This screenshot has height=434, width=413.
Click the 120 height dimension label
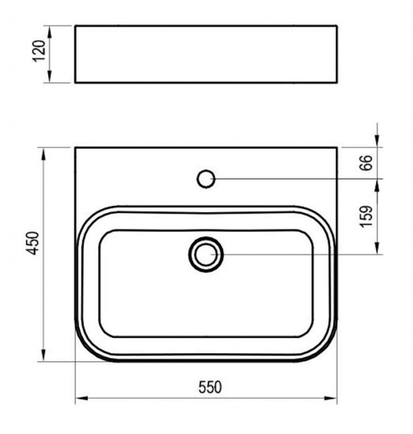(39, 51)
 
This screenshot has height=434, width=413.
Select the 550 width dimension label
(210, 387)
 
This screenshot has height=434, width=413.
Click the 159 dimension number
(366, 216)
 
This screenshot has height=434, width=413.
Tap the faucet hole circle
(206, 179)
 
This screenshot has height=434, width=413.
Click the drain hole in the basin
(206, 254)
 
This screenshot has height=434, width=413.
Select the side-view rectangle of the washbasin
(206, 54)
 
